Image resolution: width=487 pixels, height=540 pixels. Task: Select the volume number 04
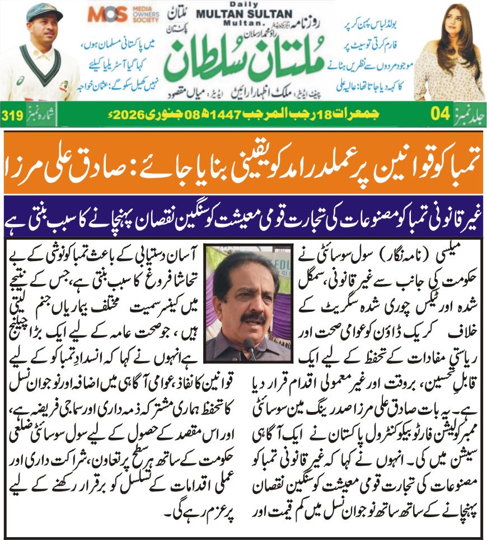click(x=440, y=115)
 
